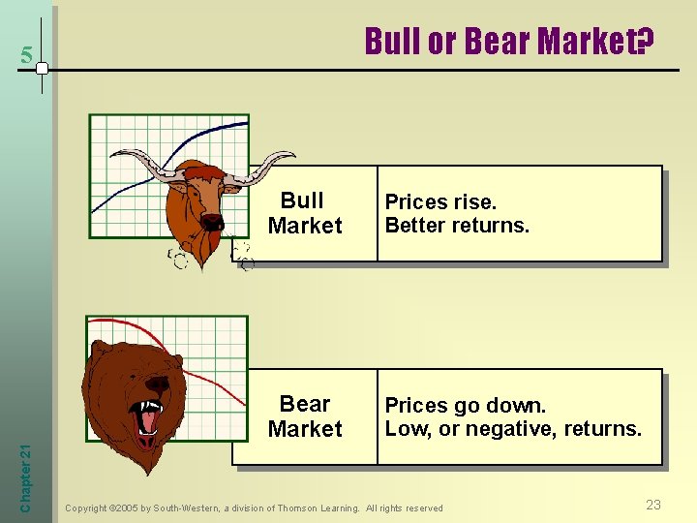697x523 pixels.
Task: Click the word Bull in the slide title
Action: (389, 42)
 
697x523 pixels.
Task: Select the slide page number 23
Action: (653, 505)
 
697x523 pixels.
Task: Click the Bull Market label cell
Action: (305, 213)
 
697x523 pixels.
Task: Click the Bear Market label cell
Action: (305, 416)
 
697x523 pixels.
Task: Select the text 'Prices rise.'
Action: (440, 202)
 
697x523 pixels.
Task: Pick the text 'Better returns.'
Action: (457, 226)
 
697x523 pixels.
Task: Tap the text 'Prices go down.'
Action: (466, 405)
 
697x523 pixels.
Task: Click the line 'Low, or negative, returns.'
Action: (513, 428)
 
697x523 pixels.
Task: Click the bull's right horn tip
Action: (291, 155)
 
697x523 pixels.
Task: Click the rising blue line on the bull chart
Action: (194, 136)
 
